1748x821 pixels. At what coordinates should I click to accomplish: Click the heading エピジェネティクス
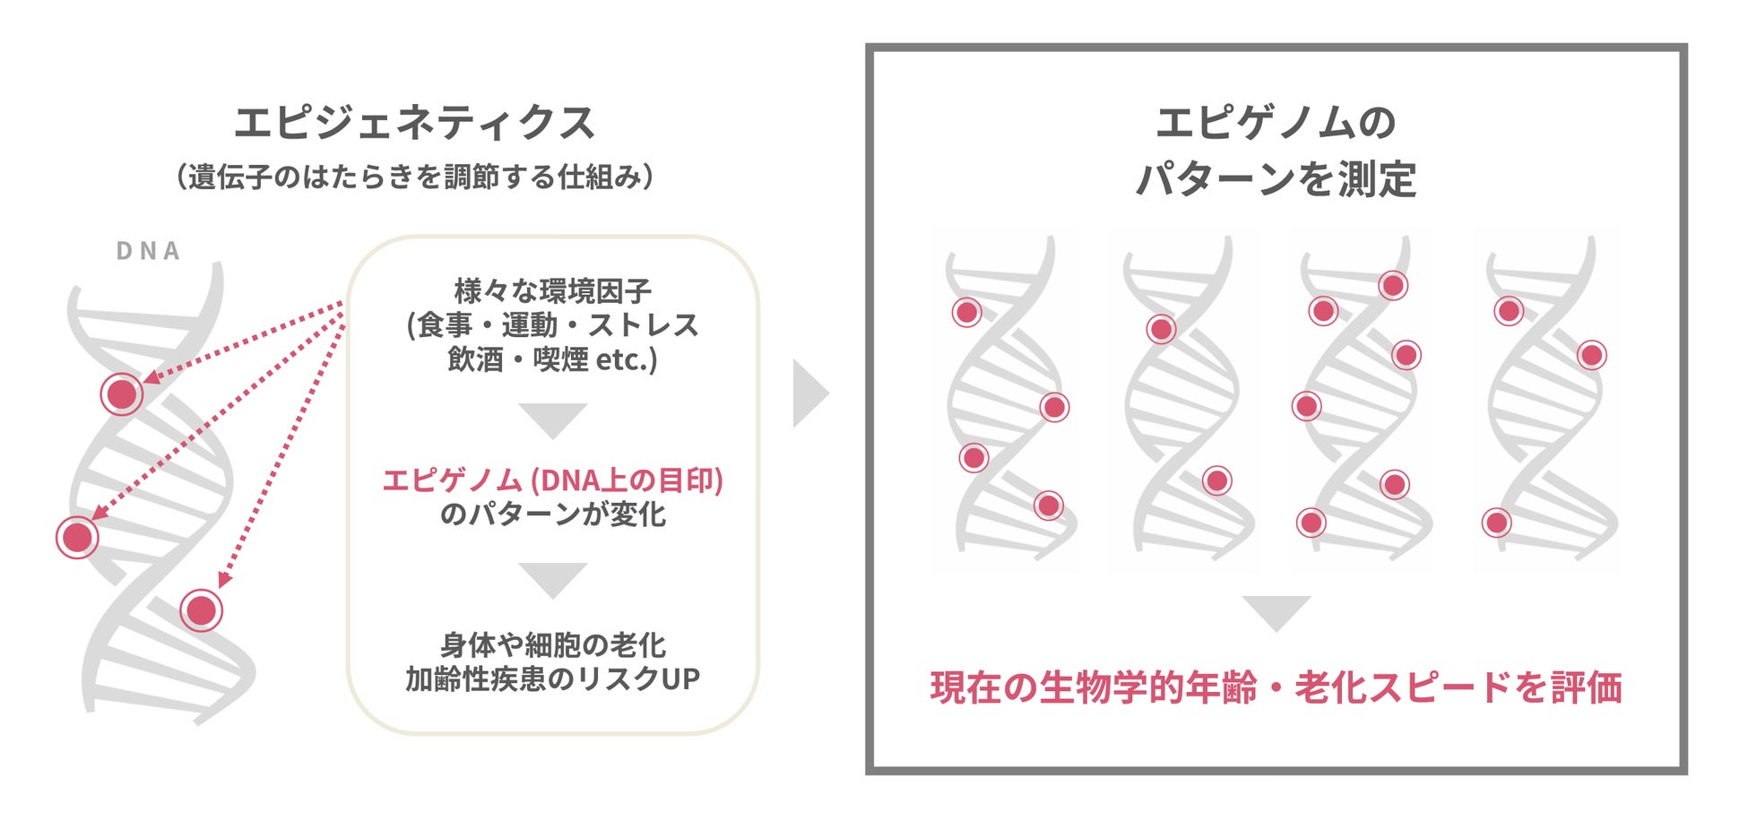click(x=414, y=123)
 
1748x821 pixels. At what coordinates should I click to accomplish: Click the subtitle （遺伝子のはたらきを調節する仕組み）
click(x=414, y=177)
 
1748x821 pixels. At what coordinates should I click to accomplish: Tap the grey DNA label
click(x=149, y=251)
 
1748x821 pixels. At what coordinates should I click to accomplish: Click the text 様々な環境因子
click(x=552, y=291)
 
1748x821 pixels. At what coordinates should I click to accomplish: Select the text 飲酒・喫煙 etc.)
click(x=552, y=359)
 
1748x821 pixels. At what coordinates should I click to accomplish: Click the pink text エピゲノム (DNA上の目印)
click(x=552, y=480)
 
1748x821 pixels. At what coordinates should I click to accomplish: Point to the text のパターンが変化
click(x=552, y=514)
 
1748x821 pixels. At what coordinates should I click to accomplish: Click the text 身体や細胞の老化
click(x=552, y=645)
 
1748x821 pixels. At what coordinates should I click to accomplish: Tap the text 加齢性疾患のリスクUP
click(x=552, y=679)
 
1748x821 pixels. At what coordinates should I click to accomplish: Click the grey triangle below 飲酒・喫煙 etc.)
click(x=552, y=419)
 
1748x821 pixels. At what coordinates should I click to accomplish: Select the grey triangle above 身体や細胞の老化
click(x=552, y=578)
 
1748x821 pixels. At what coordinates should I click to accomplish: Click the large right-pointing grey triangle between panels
click(x=809, y=393)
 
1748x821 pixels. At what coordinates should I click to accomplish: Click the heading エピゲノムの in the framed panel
click(x=1276, y=123)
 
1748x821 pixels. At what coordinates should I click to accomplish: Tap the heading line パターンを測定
click(x=1276, y=179)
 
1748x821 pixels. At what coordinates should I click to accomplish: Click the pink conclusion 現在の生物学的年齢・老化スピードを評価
click(x=1276, y=688)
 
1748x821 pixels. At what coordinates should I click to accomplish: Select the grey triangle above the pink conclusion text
click(x=1276, y=611)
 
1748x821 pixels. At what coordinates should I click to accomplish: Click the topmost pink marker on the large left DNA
click(x=122, y=393)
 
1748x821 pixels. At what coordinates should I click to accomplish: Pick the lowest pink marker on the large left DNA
click(x=201, y=610)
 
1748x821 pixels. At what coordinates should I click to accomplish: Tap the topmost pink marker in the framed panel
click(x=1393, y=286)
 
